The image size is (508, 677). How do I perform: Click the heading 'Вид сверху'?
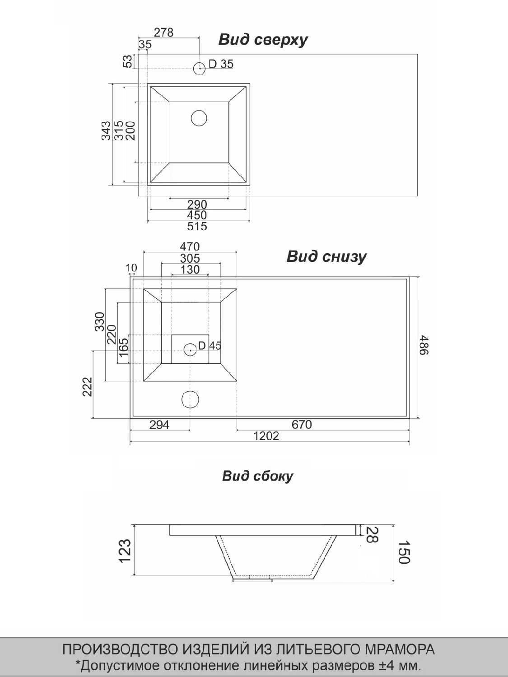coord(263,40)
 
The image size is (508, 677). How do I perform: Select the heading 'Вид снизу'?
coord(326,257)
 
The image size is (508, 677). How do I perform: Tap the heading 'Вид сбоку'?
coord(257,476)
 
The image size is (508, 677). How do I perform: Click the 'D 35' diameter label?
coord(221,64)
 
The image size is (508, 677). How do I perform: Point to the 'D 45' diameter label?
coord(210,346)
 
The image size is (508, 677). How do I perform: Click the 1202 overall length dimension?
coord(266,436)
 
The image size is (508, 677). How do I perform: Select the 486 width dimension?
coord(424,345)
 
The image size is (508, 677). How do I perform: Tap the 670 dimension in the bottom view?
coord(301,424)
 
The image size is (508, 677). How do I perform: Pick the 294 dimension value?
coord(159,424)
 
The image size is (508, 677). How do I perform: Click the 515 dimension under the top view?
coord(197,226)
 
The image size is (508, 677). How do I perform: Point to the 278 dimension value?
coord(163,32)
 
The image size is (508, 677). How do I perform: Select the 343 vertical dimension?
coord(106,130)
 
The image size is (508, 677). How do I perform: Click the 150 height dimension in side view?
coord(404,552)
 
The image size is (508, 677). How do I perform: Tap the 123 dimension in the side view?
coord(125,551)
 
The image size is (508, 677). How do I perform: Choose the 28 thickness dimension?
coord(372,535)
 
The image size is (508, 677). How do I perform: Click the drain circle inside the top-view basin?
coord(199,118)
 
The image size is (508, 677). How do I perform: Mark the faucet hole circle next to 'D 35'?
coord(199,68)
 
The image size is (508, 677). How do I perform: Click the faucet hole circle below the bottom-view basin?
coord(190,399)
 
